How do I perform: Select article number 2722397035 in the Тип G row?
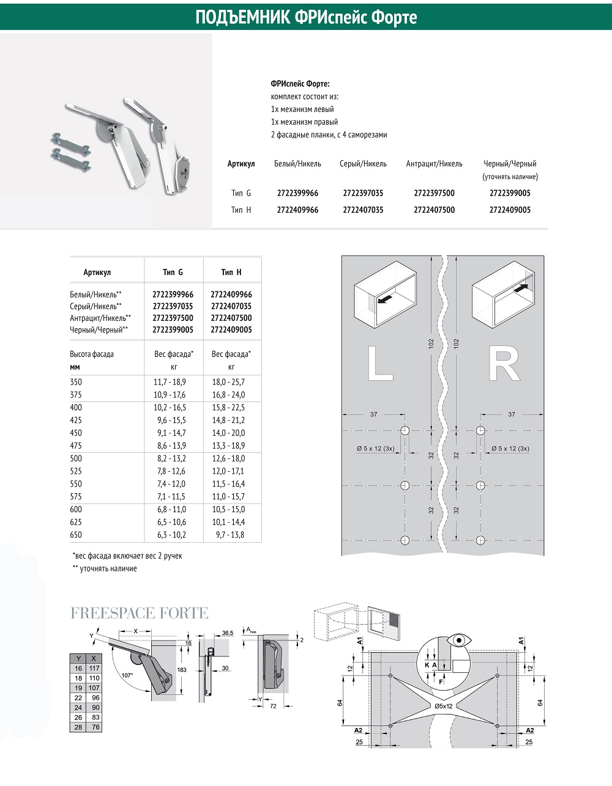tap(363, 193)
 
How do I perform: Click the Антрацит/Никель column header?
tap(434, 164)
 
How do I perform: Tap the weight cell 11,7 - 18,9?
tap(170, 382)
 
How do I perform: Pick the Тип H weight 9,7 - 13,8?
tap(230, 535)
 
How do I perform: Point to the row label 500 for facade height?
tap(76, 458)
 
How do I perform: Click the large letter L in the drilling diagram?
tap(380, 363)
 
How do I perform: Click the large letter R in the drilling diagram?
tap(504, 363)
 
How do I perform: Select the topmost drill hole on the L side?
tap(405, 430)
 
